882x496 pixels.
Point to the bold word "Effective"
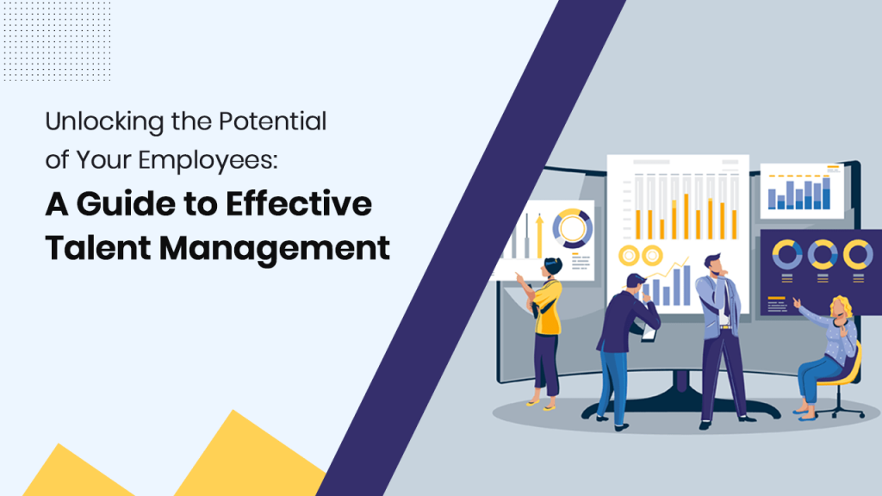pyautogui.click(x=310, y=206)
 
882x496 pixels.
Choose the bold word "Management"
pyautogui.click(x=274, y=247)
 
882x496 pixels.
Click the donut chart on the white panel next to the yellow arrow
pyautogui.click(x=571, y=229)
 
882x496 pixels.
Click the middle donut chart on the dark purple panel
pyautogui.click(x=821, y=254)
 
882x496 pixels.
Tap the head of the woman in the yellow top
pyautogui.click(x=552, y=267)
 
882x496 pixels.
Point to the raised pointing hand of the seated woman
pyautogui.click(x=796, y=302)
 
